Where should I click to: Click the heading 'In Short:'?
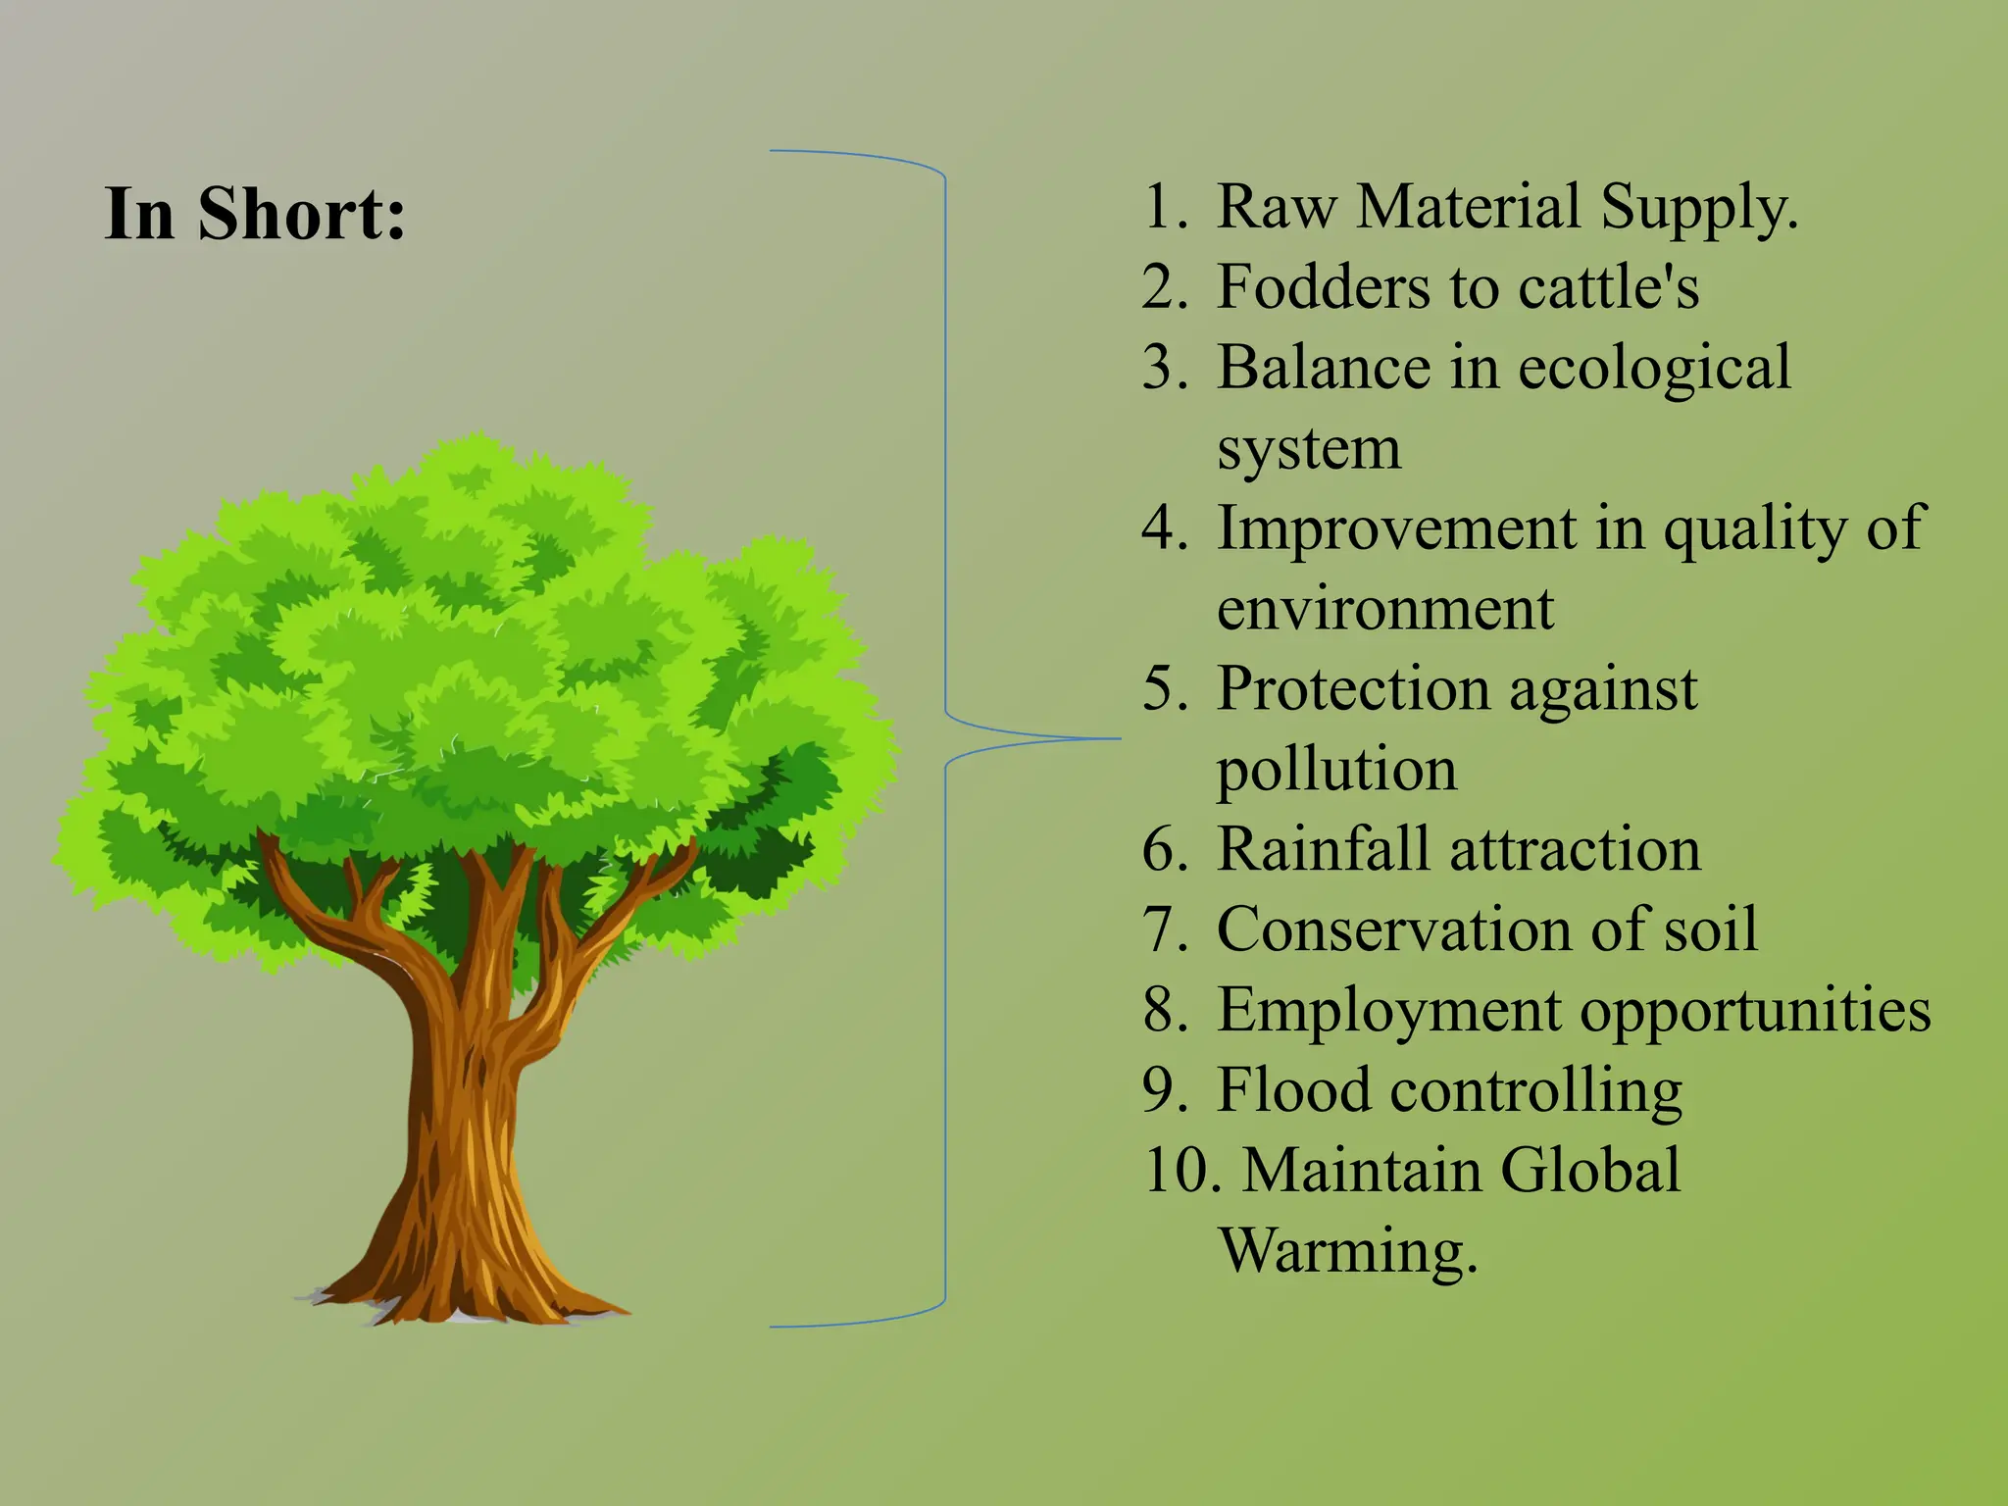click(255, 213)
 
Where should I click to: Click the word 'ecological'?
click(1654, 370)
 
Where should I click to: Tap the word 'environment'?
click(1384, 609)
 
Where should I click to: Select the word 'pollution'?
click(1336, 770)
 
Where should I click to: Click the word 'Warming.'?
click(1347, 1251)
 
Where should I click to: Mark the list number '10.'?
click(1182, 1171)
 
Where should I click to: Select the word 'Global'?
click(1589, 1171)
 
